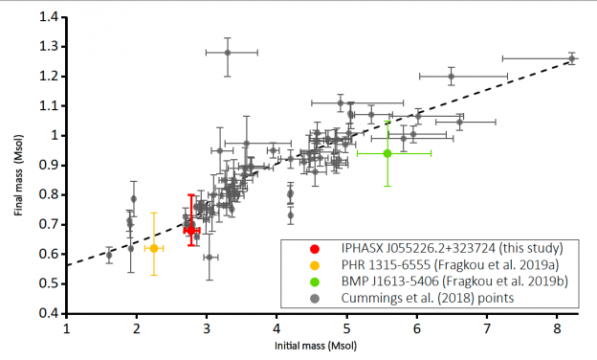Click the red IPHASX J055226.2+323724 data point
190,230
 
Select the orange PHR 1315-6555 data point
153,248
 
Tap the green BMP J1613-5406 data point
387,153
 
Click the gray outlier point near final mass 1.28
228,53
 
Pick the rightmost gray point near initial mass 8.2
571,58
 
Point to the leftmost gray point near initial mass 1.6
109,255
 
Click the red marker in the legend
303,247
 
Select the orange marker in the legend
303,263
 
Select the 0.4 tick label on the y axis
47,313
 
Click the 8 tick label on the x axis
558,327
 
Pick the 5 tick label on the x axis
347,327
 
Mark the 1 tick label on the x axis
67,327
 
